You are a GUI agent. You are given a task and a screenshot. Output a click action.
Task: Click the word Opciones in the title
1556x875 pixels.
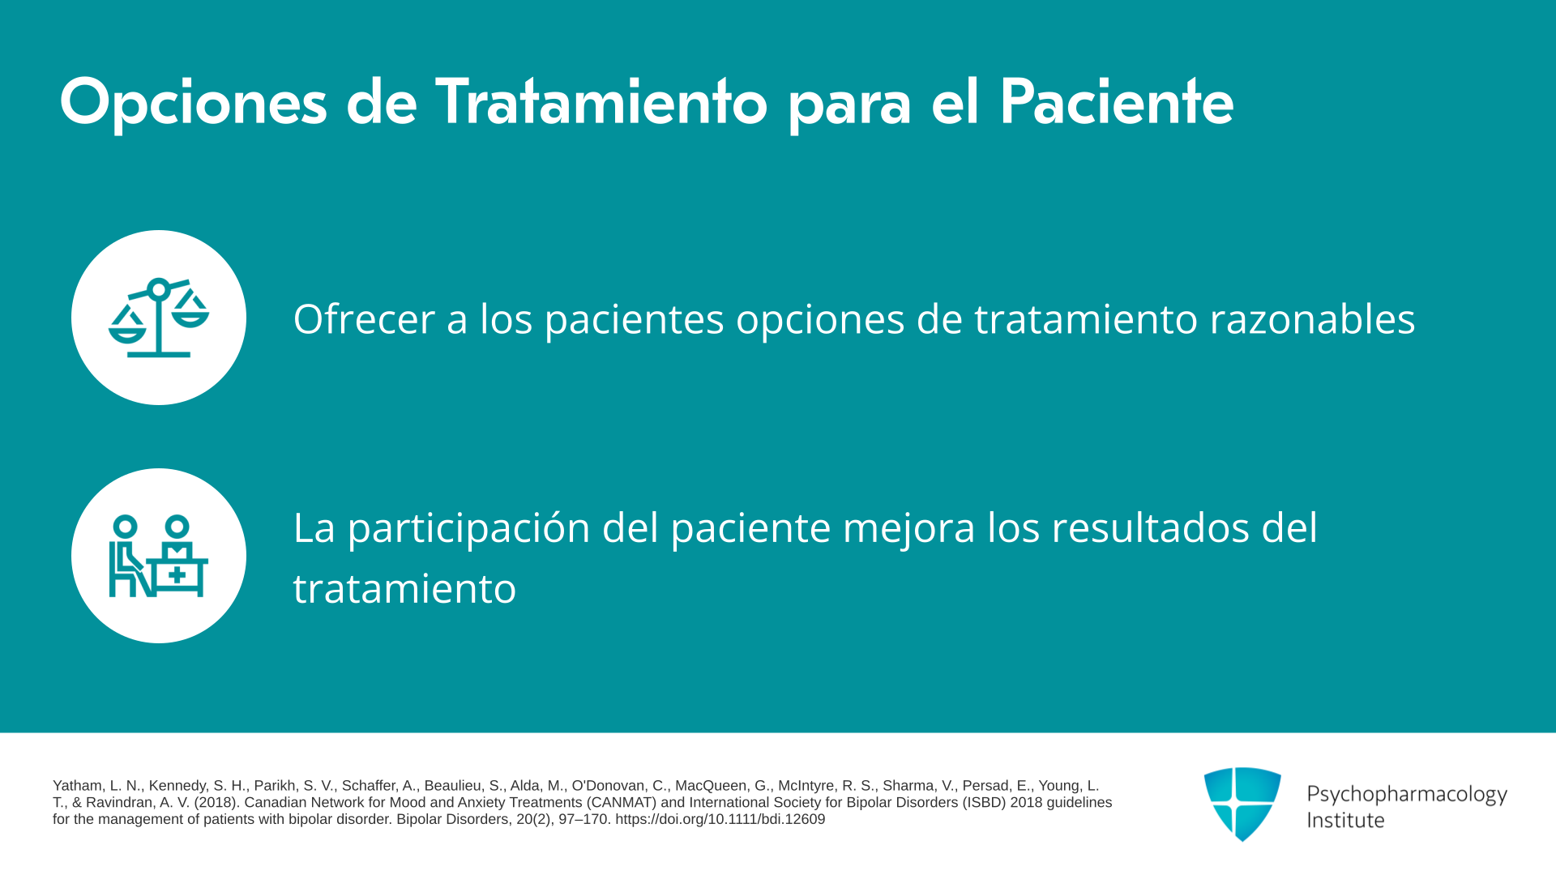point(193,103)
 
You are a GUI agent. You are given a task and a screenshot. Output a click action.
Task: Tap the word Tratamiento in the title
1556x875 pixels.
point(601,102)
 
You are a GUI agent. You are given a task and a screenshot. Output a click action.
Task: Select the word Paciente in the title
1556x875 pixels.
point(1117,102)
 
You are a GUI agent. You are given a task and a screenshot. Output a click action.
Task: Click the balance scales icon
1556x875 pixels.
point(159,318)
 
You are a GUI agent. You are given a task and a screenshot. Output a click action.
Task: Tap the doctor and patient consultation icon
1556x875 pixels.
point(159,556)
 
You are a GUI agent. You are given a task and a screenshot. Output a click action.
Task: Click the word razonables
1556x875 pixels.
point(1312,318)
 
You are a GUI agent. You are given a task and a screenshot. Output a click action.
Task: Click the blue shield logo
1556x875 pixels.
point(1242,804)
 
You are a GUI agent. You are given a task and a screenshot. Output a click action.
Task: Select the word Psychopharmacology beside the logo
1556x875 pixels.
point(1407,795)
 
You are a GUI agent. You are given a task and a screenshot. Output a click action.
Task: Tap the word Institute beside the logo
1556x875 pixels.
point(1345,820)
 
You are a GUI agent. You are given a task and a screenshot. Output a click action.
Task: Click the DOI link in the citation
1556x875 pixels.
point(720,819)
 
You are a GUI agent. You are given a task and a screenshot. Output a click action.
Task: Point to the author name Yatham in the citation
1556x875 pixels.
point(78,786)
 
